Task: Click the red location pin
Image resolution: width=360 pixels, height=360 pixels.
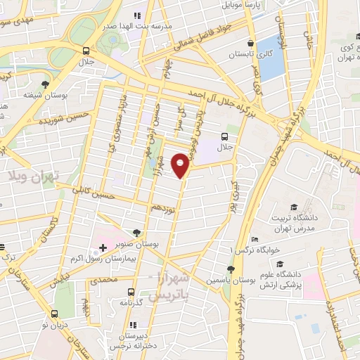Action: [x=181, y=165]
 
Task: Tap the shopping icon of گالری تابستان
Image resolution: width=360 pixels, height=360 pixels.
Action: [x=251, y=41]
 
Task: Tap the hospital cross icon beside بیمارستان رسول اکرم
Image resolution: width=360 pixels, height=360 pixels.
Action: [x=103, y=248]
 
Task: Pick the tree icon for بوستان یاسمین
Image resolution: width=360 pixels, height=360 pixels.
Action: [x=231, y=269]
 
